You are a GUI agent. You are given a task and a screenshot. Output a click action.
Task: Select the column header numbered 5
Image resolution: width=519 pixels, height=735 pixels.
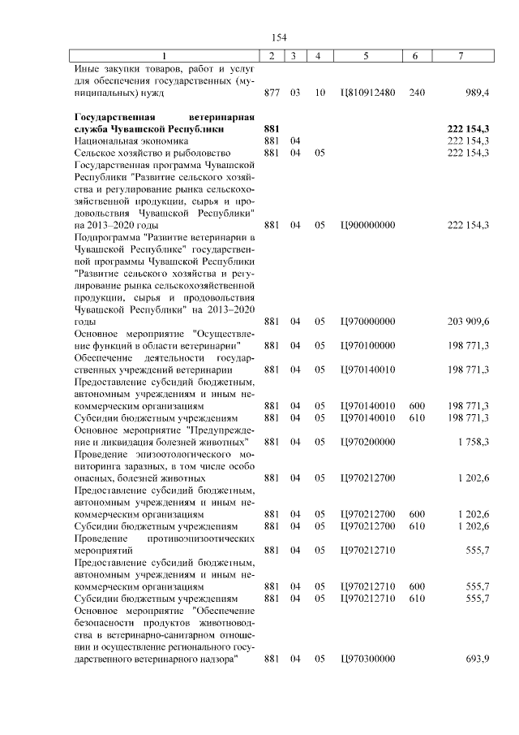[367, 55]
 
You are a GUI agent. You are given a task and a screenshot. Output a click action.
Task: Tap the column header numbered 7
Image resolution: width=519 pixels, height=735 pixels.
[461, 55]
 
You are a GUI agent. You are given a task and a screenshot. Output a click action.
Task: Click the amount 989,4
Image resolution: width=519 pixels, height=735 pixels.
[475, 93]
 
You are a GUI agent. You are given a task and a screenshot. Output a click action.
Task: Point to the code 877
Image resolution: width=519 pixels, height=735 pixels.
[272, 93]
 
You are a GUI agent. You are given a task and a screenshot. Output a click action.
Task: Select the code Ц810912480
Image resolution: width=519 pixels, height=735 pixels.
[367, 93]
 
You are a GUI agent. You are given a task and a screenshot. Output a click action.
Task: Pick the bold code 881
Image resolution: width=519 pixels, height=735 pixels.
[272, 129]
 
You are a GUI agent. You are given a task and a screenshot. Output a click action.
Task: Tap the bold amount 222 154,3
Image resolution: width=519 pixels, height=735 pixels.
[468, 129]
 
